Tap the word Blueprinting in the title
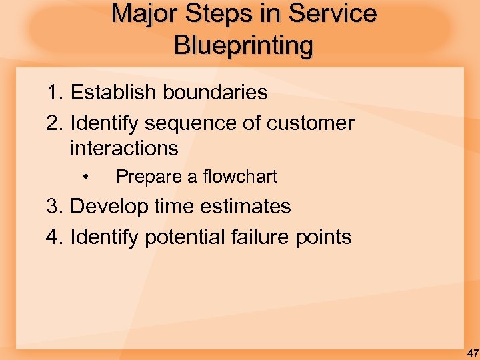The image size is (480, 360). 243,45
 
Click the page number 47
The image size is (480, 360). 472,352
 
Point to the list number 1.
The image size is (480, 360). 54,93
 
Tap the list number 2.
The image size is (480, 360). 54,123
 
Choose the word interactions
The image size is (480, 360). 124,148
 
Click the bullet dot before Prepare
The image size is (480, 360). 86,177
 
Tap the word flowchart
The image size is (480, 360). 240,177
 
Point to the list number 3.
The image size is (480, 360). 54,207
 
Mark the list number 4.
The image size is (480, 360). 54,237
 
